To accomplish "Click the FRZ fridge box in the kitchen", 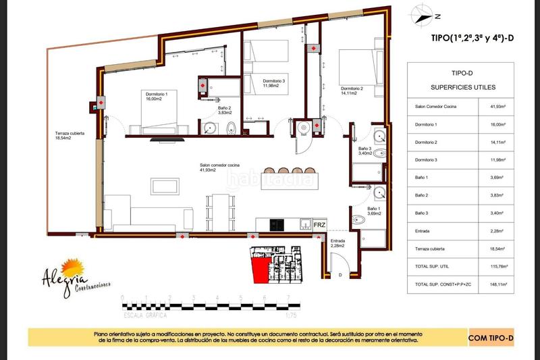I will point(321,224).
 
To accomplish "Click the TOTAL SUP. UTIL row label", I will point(432,267).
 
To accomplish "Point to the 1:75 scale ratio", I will point(292,314).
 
